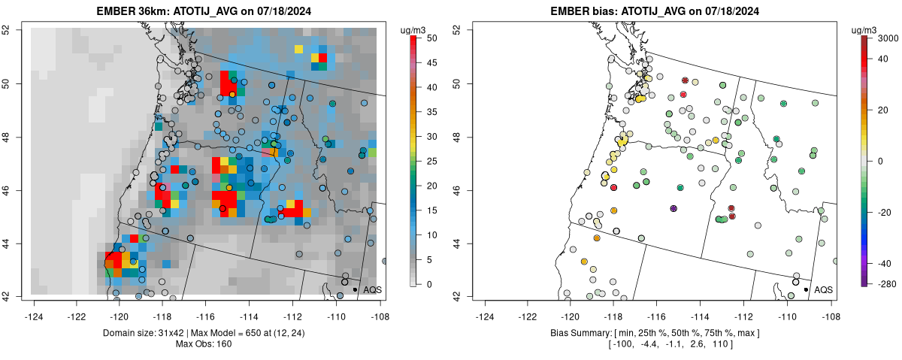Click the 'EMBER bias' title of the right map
tap(583, 11)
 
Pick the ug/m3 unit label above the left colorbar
tap(415, 29)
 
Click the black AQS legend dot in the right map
tap(805, 289)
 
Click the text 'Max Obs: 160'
tap(205, 344)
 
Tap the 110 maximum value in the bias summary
tap(720, 344)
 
